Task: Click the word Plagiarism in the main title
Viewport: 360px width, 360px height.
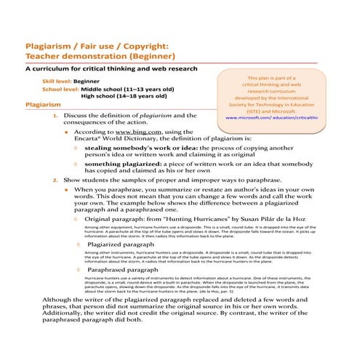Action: click(x=52, y=45)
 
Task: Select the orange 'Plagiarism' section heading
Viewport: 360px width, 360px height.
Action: click(x=42, y=105)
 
